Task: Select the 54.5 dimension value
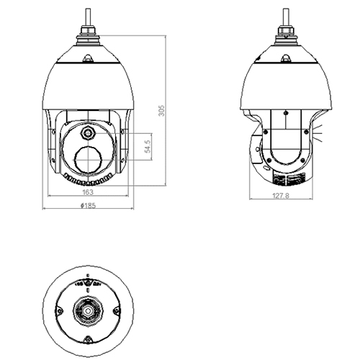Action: click(147, 148)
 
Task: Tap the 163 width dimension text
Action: click(87, 193)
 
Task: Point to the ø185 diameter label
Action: click(87, 206)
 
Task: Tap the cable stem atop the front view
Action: click(88, 15)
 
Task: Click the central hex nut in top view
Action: click(87, 311)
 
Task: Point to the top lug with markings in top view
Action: click(87, 284)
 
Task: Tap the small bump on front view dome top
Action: click(88, 60)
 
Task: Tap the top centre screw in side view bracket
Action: click(285, 113)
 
